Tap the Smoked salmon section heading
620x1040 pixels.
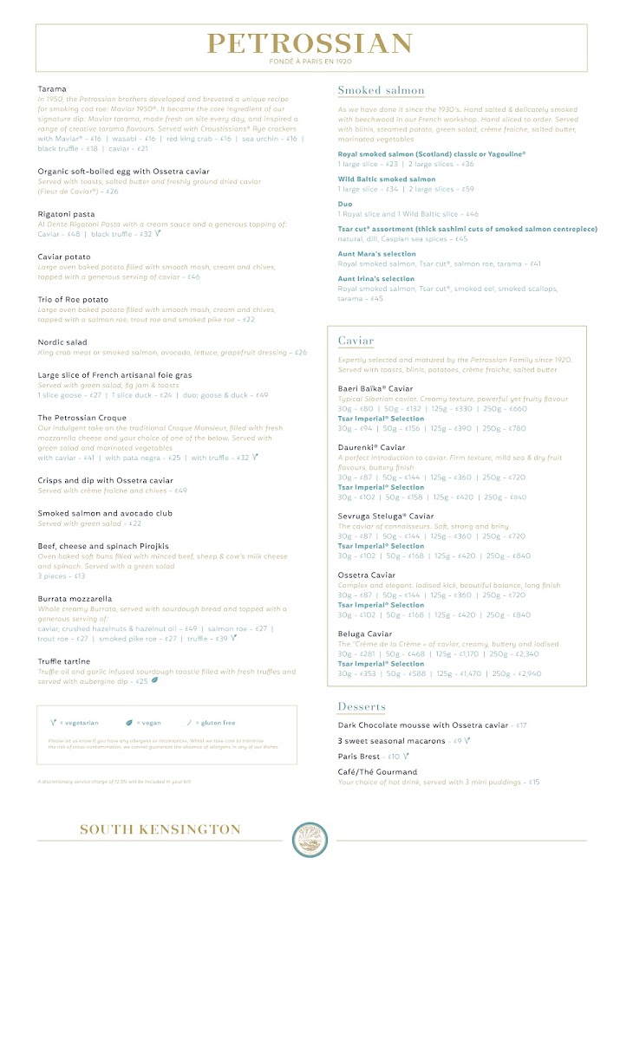tap(381, 90)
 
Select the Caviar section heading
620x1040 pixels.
tap(356, 341)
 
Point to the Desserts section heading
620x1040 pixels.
tap(362, 706)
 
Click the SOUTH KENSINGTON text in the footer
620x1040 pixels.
tap(160, 829)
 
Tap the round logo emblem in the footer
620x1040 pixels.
tap(310, 839)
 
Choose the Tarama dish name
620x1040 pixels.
tap(52, 88)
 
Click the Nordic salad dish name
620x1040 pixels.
tap(62, 342)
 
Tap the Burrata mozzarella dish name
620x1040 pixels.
tap(75, 599)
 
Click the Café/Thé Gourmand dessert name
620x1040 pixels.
tap(377, 771)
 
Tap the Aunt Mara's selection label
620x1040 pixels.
tap(376, 254)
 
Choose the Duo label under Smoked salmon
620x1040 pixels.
tap(345, 204)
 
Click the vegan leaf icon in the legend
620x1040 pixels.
tap(129, 722)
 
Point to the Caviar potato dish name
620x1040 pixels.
tap(64, 257)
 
